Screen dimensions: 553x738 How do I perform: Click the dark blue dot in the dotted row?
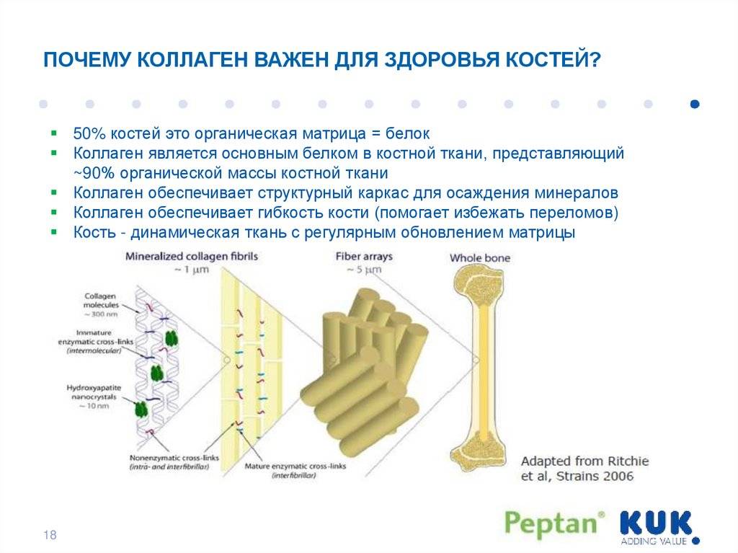[x=695, y=104]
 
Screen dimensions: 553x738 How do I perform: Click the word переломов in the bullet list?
[x=574, y=213]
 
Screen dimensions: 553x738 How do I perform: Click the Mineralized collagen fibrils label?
[x=192, y=257]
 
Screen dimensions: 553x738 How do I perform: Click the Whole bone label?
[x=480, y=258]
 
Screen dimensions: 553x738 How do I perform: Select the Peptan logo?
[x=554, y=523]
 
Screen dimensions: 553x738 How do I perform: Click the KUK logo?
[x=656, y=523]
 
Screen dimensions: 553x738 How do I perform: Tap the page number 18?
[x=50, y=535]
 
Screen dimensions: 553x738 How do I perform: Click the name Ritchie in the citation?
[x=626, y=461]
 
